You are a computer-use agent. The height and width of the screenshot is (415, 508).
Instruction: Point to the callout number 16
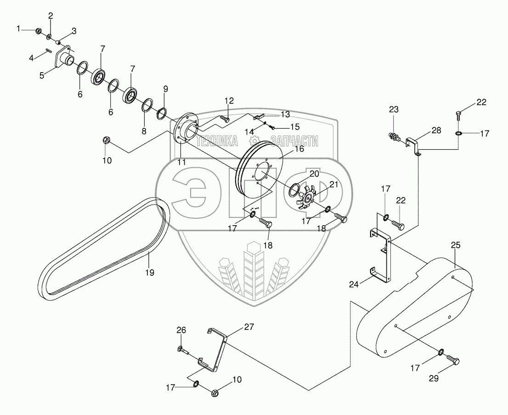coord(299,149)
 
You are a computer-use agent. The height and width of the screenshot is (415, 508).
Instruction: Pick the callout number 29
coord(434,379)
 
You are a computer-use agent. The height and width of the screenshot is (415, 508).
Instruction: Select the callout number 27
coord(248,327)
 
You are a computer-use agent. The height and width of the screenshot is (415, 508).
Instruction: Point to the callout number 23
coord(394,109)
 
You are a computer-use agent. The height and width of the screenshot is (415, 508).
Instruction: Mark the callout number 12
coord(229,101)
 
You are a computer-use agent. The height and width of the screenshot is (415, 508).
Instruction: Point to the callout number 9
coord(165,88)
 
